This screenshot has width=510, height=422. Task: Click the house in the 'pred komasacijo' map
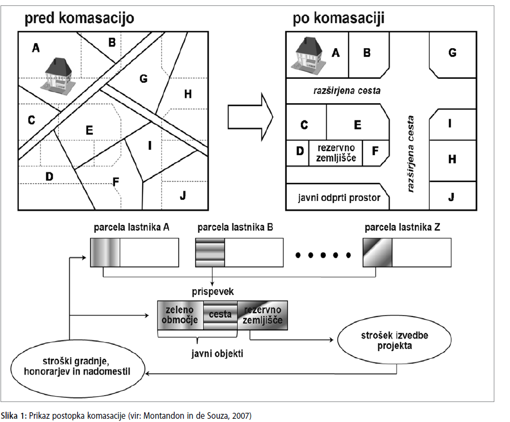[x=58, y=74]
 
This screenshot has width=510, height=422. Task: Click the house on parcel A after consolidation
[x=308, y=53]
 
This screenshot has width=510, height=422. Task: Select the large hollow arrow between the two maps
[x=250, y=117]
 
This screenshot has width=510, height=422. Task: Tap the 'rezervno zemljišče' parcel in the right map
[x=335, y=153]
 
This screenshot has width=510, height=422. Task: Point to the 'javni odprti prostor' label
[x=339, y=198]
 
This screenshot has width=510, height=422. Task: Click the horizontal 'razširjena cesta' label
[x=347, y=90]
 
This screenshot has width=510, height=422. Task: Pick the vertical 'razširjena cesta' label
[x=411, y=153]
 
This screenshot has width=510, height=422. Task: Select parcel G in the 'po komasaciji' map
[x=453, y=55]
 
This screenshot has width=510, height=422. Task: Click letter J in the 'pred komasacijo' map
[x=183, y=196]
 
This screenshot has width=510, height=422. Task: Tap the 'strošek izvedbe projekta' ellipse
[x=394, y=340]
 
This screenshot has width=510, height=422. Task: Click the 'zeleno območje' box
[x=180, y=315]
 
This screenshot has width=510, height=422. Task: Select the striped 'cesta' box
[x=220, y=315]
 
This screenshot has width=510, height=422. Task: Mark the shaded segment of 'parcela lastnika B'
[x=210, y=252]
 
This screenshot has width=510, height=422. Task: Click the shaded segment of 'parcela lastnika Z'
[x=377, y=252]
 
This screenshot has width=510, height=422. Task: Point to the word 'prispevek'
[x=213, y=292]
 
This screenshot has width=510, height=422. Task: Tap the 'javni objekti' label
[x=217, y=354]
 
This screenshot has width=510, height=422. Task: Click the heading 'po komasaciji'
[x=338, y=18]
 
